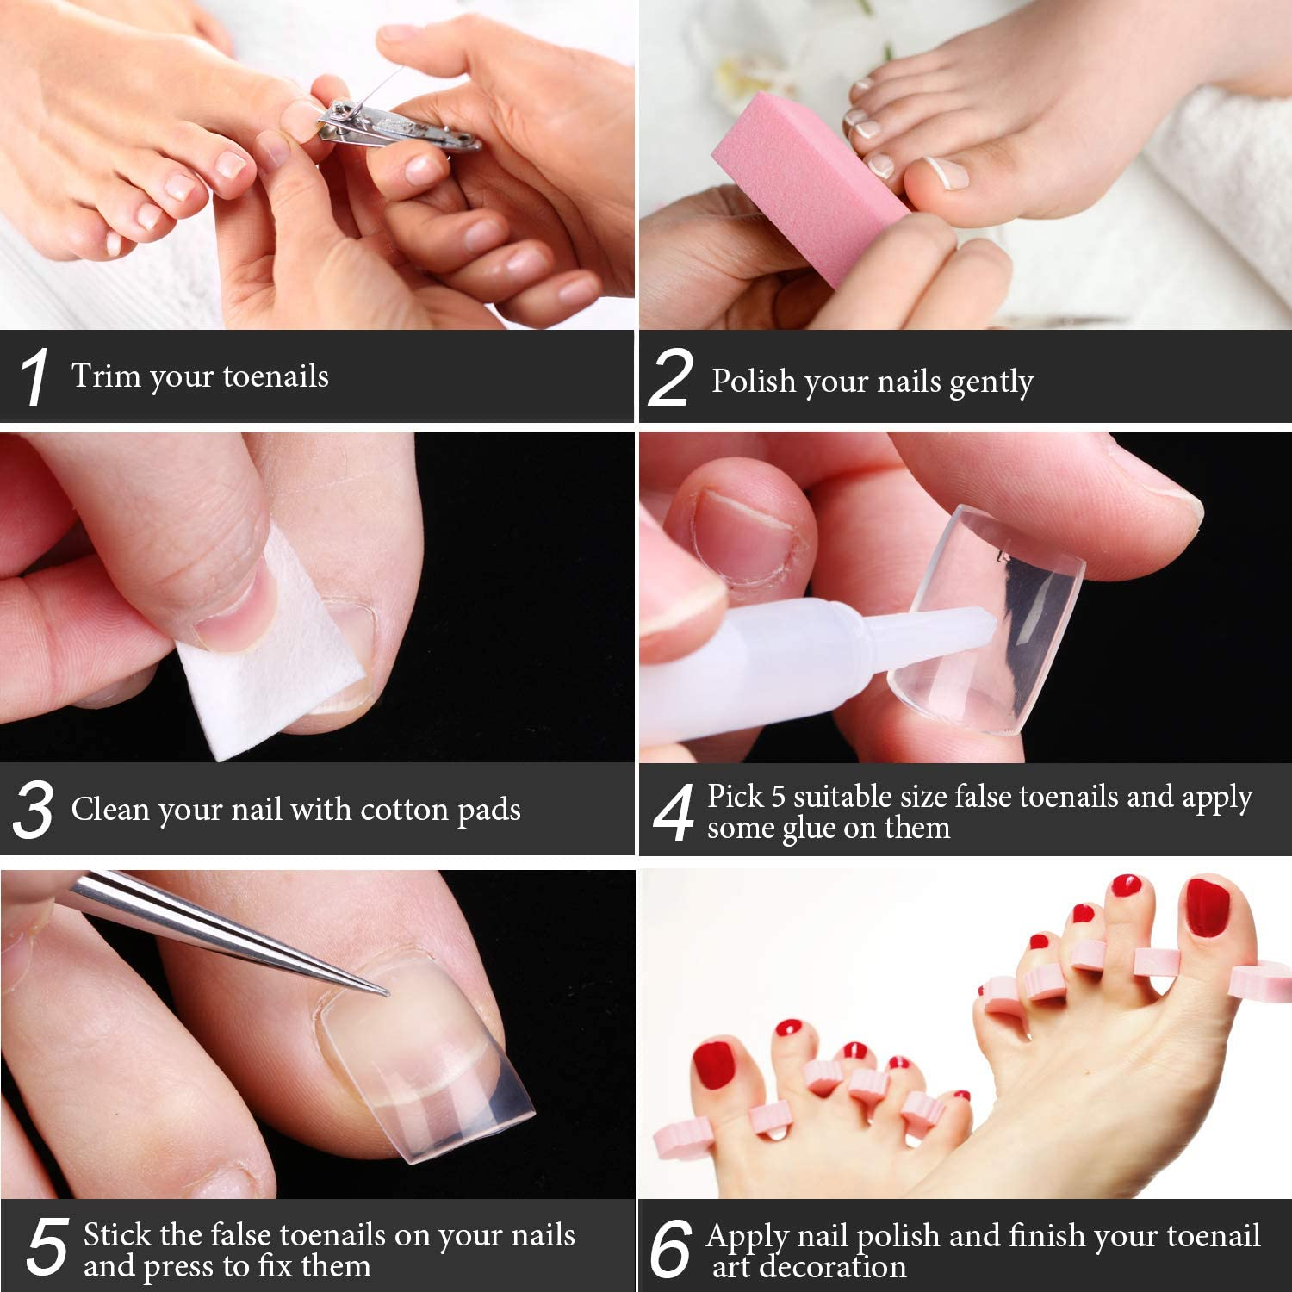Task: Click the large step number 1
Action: point(34,377)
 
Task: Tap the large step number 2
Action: point(670,378)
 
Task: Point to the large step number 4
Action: point(673,812)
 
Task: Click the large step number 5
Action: point(47,1247)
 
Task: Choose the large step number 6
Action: point(670,1249)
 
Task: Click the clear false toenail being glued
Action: point(991,620)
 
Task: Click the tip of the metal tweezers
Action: point(385,993)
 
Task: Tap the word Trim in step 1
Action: point(106,376)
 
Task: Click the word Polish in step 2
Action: point(754,381)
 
